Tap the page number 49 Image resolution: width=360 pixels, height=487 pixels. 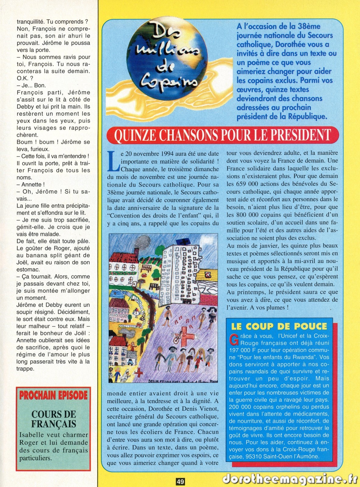pyautogui.click(x=180, y=482)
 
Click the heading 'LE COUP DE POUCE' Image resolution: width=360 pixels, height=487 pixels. pyautogui.click(x=279, y=326)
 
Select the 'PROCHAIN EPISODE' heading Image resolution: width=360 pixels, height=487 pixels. pyautogui.click(x=53, y=395)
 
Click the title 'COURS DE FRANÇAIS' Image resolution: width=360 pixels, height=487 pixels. pyautogui.click(x=54, y=419)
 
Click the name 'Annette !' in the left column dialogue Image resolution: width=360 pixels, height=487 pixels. pyautogui.click(x=33, y=184)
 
